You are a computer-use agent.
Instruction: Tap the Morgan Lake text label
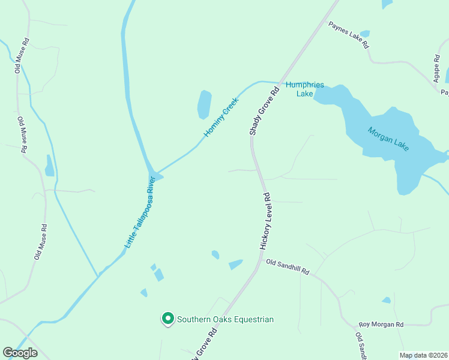pos(388,139)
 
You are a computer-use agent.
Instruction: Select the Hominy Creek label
pos(221,118)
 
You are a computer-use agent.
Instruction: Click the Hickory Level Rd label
pos(265,221)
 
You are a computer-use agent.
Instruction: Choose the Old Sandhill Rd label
pos(288,267)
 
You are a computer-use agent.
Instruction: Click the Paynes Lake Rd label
pos(348,35)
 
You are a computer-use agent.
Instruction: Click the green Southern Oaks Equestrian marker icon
pos(168,319)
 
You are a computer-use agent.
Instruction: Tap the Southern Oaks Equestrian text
pos(225,319)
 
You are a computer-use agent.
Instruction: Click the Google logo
pos(20,352)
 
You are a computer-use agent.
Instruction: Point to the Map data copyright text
pos(423,355)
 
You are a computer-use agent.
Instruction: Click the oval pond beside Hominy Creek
pos(205,104)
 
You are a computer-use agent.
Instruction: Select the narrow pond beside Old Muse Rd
pos(49,166)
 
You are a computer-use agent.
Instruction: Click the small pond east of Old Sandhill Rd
pos(387,300)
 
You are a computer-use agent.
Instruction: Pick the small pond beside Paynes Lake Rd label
pos(364,34)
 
